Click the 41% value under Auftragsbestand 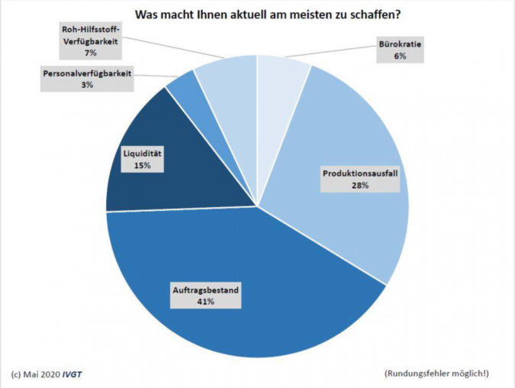click(x=205, y=302)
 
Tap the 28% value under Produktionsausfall click(x=359, y=186)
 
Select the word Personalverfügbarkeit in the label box click(x=87, y=75)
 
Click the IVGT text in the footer click(x=73, y=374)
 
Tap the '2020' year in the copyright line click(x=49, y=374)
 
